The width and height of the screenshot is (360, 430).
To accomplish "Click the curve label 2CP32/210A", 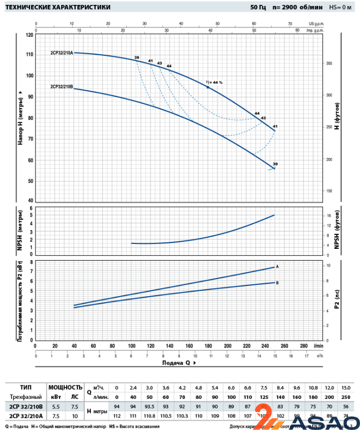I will tap(62, 53).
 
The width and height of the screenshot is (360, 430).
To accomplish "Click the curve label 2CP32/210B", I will tap(61, 86).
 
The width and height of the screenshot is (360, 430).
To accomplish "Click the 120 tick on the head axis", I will tap(29, 34).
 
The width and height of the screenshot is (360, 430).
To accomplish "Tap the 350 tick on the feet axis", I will tap(329, 63).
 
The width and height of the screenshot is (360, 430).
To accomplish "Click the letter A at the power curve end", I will tap(277, 267).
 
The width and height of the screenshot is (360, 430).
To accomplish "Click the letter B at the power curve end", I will tap(277, 282).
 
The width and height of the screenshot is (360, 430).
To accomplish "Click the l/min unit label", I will tap(319, 346).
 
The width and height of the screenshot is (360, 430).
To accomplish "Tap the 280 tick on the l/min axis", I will tap(304, 346).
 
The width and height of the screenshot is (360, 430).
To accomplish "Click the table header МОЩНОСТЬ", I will tap(65, 387).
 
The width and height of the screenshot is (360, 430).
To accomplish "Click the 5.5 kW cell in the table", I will tap(55, 406).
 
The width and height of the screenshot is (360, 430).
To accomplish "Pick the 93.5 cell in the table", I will tap(151, 406).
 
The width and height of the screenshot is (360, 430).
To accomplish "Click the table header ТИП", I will tap(25, 387).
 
